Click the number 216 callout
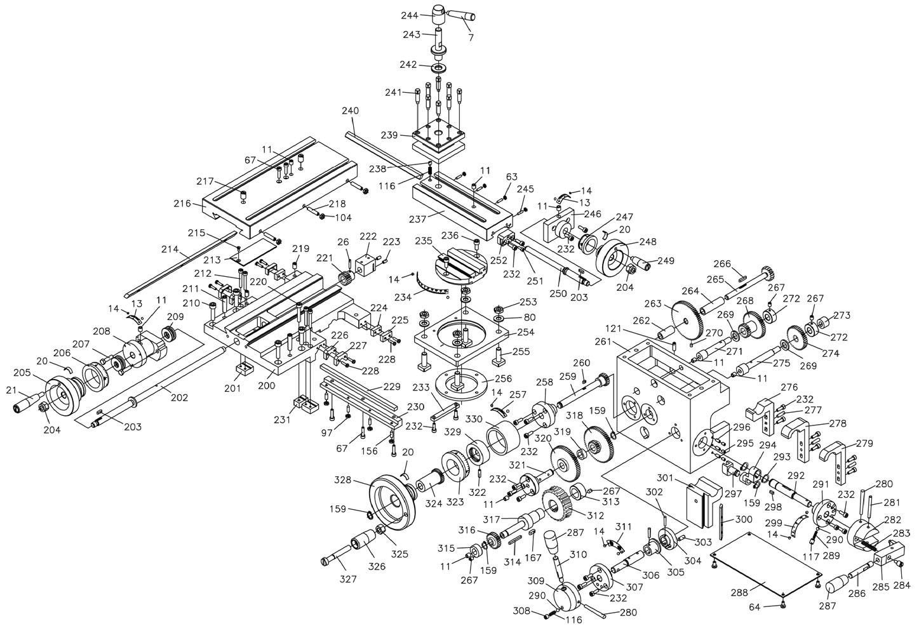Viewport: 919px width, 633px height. click(182, 204)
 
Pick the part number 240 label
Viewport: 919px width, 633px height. click(350, 110)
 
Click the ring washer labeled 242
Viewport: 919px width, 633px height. click(438, 67)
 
